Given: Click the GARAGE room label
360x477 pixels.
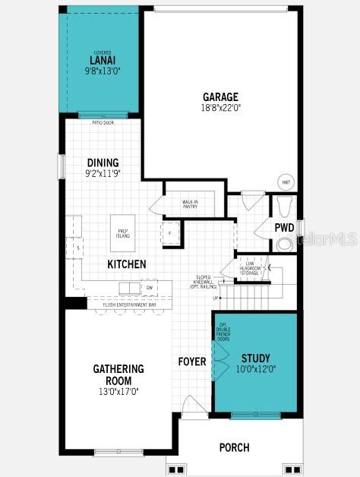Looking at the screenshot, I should point(220,96).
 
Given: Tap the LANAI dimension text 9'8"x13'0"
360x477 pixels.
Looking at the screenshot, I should point(103,71).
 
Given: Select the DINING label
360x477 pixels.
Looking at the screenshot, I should point(103,163).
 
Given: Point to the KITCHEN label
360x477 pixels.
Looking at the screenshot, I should point(127,264).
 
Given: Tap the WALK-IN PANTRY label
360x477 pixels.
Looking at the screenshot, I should point(190,204).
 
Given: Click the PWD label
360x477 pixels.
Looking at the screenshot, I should point(284,227).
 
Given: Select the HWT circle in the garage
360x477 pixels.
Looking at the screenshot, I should point(286,182).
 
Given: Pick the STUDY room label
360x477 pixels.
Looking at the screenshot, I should point(255,358).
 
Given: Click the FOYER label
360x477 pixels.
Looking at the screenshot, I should point(192,362).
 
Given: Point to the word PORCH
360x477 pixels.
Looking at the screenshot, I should point(234,447).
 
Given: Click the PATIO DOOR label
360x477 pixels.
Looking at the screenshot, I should point(103,122).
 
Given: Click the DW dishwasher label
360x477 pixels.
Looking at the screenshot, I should point(150,288).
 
